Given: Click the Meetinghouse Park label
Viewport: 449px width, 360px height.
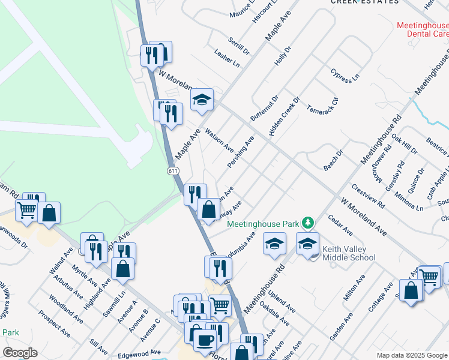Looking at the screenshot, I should [263, 224].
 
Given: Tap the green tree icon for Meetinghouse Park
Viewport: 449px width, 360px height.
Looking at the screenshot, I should [307, 223].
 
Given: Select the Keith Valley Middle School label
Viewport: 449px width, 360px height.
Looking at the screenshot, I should [349, 253].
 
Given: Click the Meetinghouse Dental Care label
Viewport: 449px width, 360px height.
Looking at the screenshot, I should [423, 30].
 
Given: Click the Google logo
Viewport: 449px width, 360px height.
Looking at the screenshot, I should [19, 353].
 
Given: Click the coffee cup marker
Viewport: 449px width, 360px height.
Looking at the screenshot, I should [204, 340].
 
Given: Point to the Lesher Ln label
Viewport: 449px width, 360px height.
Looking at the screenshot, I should [227, 58].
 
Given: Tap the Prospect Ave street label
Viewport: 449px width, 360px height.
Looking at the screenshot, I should [54, 322].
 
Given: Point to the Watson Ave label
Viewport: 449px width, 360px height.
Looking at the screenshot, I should [219, 139].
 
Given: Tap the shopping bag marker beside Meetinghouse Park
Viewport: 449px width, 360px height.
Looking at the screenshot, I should [208, 210].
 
